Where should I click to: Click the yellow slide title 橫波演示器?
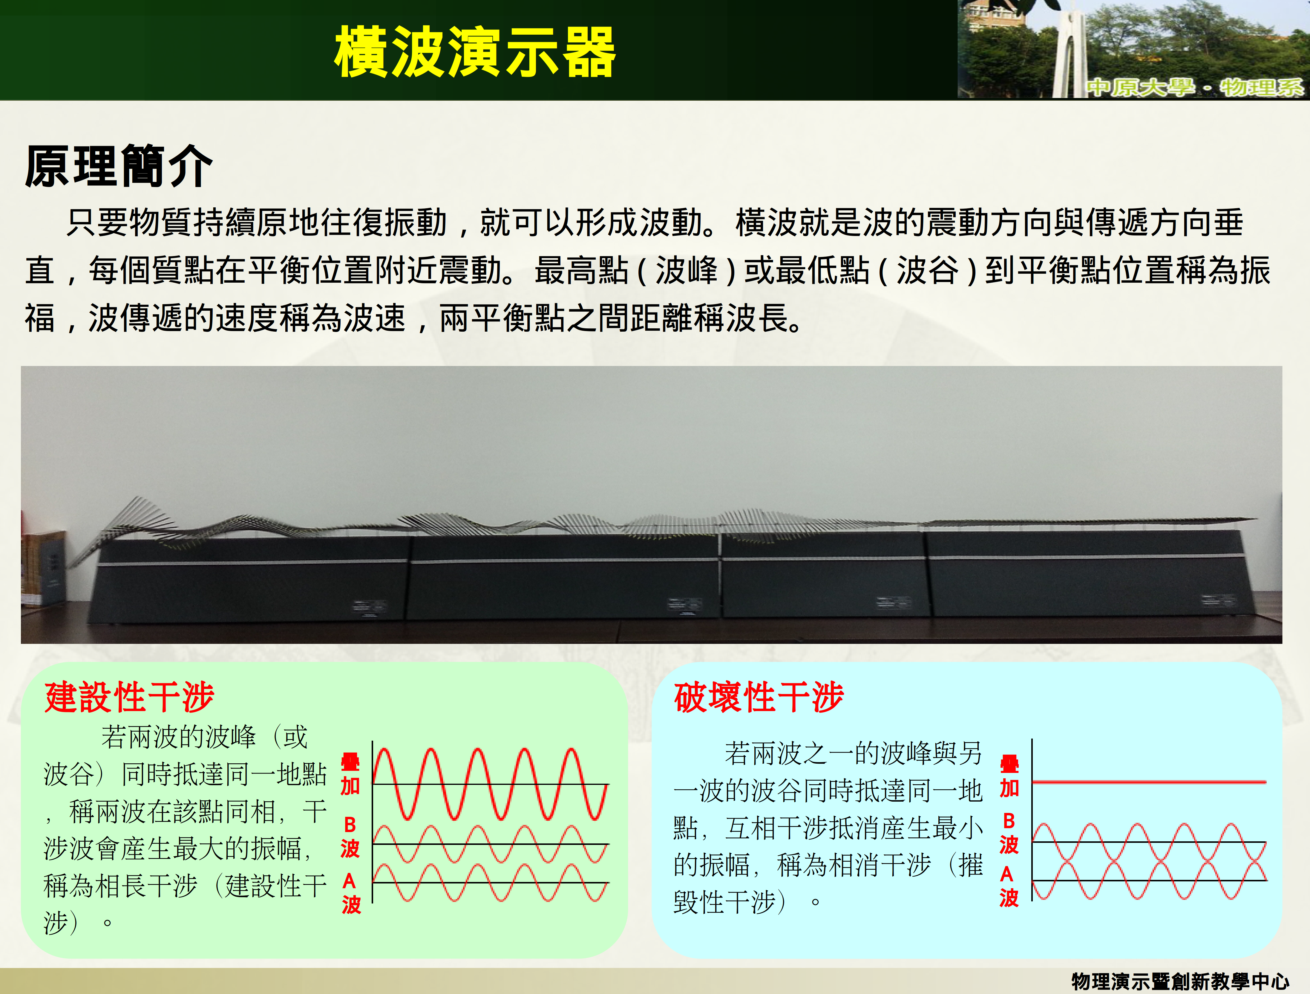(475, 52)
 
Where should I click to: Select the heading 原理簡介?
(118, 166)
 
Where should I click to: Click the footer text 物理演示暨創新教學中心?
(1180, 981)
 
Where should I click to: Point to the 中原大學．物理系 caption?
(1195, 87)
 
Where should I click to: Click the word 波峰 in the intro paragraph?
(687, 271)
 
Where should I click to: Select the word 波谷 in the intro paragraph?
(927, 271)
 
